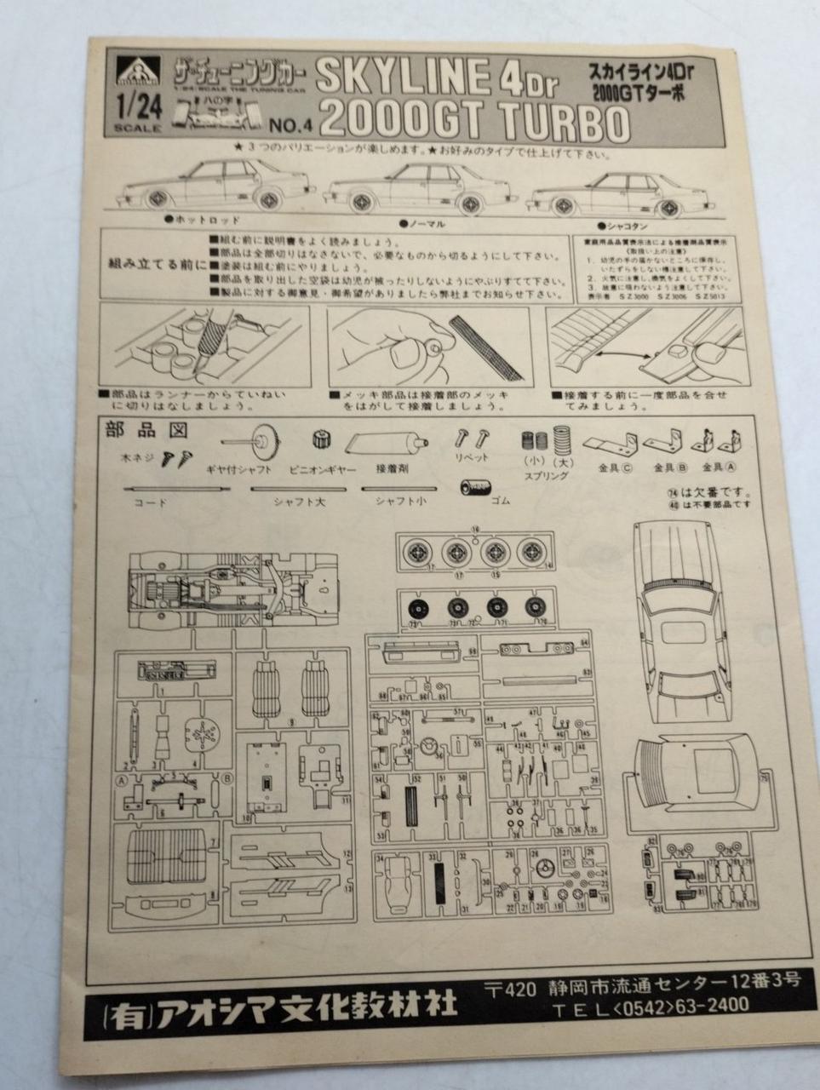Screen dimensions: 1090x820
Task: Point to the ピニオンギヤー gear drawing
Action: tap(321, 440)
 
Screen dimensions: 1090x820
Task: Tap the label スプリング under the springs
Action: tap(545, 476)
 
